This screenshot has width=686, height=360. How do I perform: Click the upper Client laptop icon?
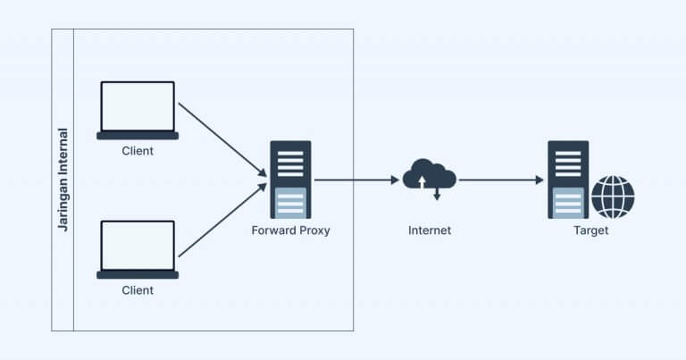coord(138,110)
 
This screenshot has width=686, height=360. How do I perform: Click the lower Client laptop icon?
coord(138,249)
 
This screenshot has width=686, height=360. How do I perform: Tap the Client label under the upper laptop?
coord(138,151)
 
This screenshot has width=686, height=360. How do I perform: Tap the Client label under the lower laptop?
coord(138,290)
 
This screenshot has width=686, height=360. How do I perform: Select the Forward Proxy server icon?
coord(290,179)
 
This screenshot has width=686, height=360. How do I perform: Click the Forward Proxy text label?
coord(290,230)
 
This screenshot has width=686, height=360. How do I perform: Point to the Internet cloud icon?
coord(430,175)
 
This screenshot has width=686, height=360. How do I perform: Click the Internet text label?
coord(430,230)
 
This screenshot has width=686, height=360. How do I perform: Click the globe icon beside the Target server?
coord(613,197)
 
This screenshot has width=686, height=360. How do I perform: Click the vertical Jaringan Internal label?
coord(63,180)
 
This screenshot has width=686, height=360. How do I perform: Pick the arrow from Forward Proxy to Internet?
coord(356,180)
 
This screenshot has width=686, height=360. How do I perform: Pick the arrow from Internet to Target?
coord(500,180)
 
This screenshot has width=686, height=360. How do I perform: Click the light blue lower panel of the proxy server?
coord(290,202)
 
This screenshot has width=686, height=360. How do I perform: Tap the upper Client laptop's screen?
coord(138,106)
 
